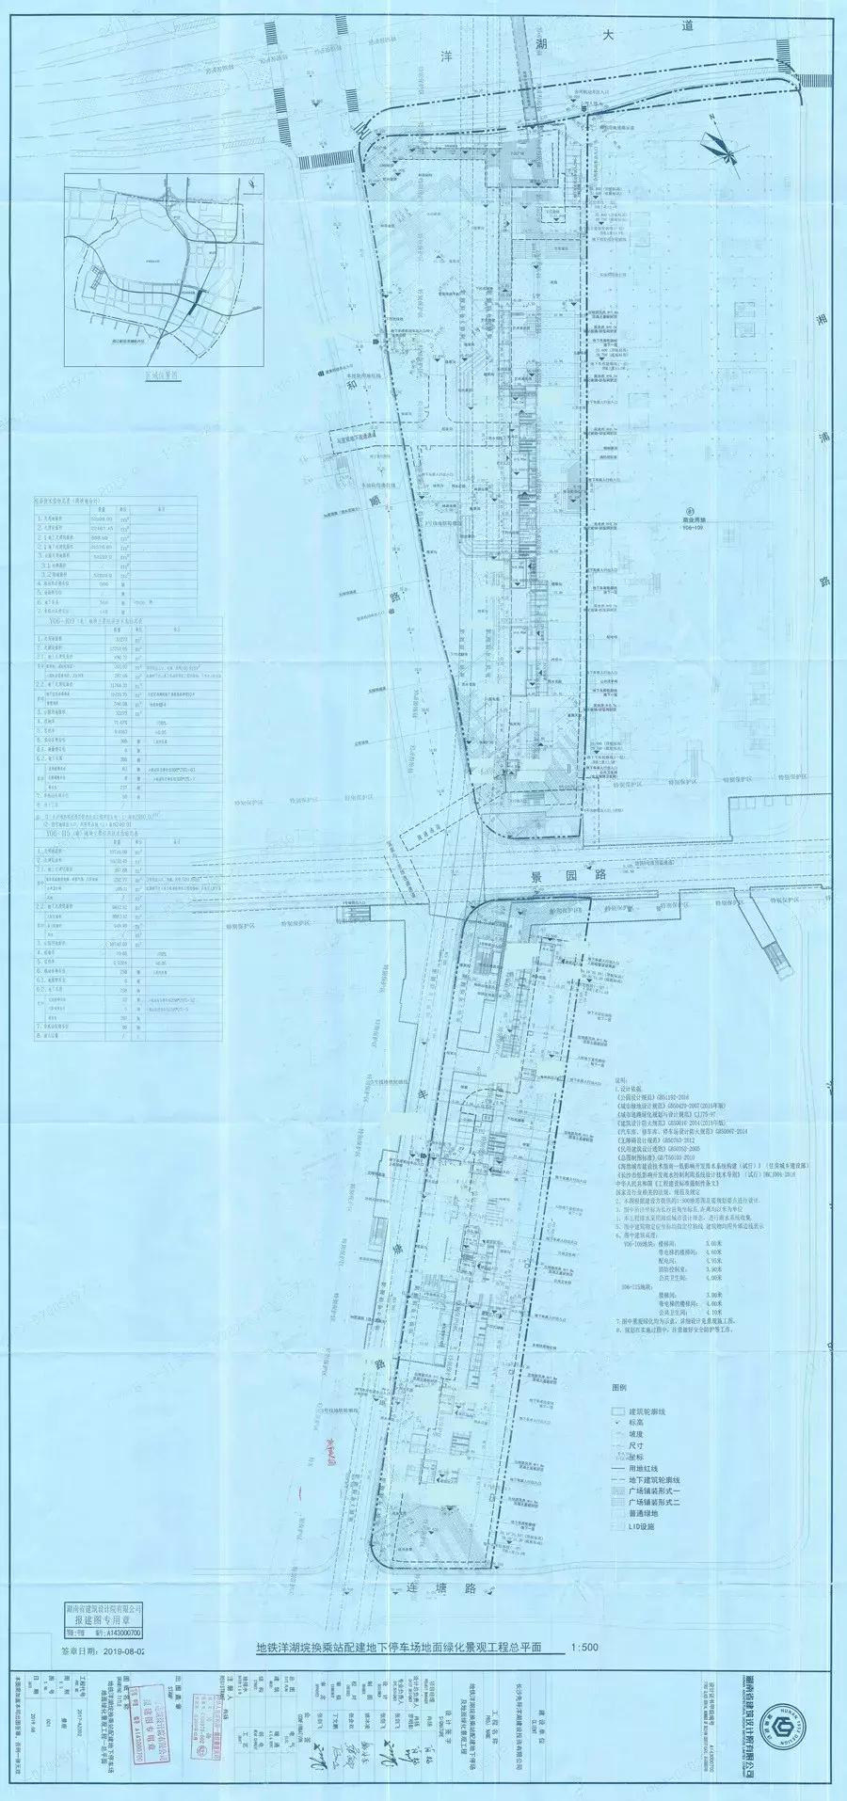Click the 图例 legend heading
618,1388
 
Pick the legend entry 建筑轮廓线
647,1412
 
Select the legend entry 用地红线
643,1468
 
